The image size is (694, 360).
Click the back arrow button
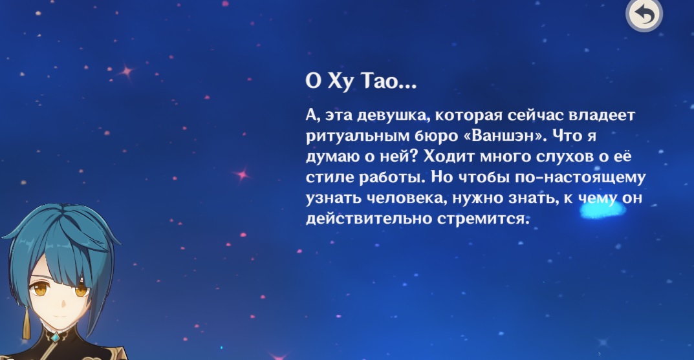coord(644,15)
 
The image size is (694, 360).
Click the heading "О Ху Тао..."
coord(361,81)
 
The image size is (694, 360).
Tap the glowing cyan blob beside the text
coord(602,209)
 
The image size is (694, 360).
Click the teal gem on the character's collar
coord(56,338)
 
